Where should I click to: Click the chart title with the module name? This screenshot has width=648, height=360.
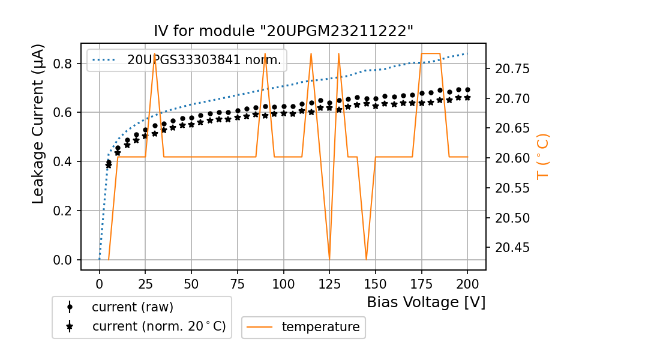283,31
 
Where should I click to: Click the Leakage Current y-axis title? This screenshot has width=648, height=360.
38,124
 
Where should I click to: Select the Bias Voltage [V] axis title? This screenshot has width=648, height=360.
426,302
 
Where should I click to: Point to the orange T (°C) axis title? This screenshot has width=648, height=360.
543,156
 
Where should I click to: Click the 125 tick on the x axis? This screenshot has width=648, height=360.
329,283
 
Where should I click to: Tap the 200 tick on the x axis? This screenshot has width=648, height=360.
467,283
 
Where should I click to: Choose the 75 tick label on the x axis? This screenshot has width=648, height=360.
238,283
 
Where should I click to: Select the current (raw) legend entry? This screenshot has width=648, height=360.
132,307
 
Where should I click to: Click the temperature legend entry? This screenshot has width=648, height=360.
320,327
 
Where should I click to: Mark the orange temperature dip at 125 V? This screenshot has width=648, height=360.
329,259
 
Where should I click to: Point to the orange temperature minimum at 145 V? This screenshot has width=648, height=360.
366,259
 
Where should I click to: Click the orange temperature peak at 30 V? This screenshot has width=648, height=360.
155,55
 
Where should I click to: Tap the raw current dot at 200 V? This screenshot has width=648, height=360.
467,90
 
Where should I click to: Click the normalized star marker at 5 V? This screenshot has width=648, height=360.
109,166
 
